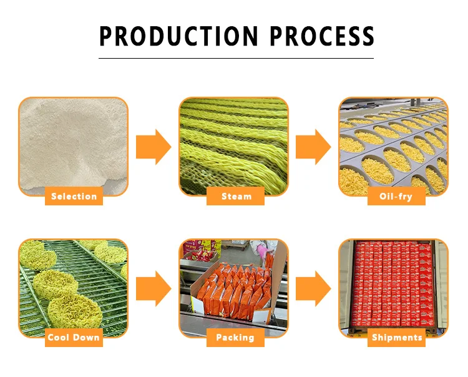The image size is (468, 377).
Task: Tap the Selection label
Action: [x=74, y=197]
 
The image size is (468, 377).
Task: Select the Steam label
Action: [x=236, y=197]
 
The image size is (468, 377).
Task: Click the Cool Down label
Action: [x=74, y=338]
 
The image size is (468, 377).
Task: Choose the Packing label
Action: [x=235, y=338]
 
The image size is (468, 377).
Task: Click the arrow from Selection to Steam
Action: [x=154, y=147]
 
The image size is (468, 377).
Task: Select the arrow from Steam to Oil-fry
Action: [x=313, y=147]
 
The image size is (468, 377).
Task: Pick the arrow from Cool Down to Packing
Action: [x=154, y=288]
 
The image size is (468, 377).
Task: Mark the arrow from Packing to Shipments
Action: [x=313, y=288]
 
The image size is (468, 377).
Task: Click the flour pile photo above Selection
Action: [x=73, y=140]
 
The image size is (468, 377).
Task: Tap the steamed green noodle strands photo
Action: [x=234, y=140]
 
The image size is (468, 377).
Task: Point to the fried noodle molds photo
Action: [x=393, y=140]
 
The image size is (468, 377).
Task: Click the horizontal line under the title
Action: [x=236, y=58]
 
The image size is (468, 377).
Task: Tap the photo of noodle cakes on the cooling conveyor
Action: [x=73, y=281]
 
